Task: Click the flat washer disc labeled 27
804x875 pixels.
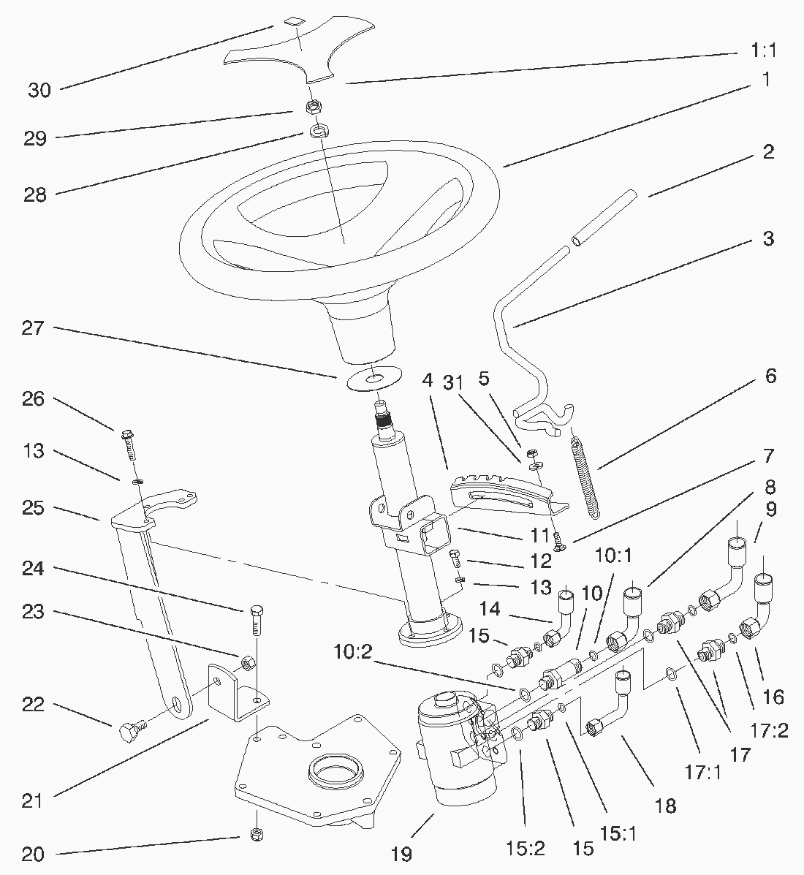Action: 375,379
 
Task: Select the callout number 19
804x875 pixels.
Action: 401,853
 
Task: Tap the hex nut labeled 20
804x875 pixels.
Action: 256,834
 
